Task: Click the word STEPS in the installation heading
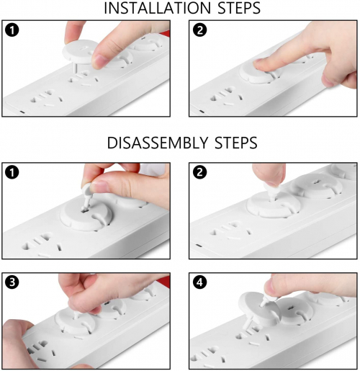[239, 8]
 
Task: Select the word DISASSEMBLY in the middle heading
[157, 143]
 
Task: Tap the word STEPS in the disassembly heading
[236, 143]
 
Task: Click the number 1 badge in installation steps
[12, 30]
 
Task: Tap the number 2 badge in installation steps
[199, 30]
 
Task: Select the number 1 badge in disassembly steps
[12, 172]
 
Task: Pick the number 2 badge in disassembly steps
[199, 172]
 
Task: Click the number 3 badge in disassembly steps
[12, 282]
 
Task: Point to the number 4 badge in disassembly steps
[199, 282]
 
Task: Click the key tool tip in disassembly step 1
[84, 208]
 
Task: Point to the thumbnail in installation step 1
[100, 61]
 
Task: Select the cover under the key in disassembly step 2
[273, 205]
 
